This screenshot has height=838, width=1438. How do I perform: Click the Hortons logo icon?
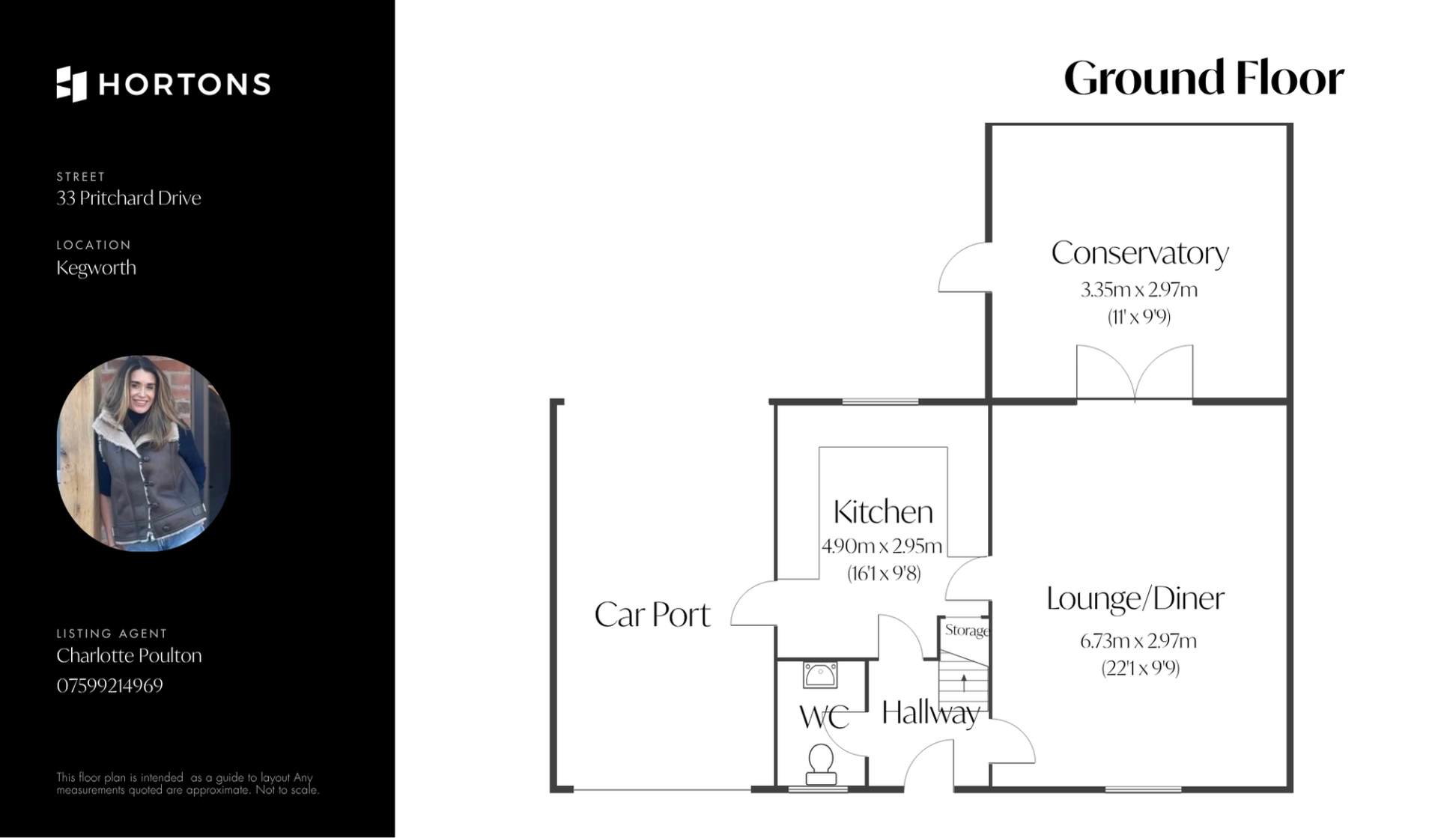coord(71,84)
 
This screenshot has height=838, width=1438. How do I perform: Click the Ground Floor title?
coord(1204,79)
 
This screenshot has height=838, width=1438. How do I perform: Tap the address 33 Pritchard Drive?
coord(129,198)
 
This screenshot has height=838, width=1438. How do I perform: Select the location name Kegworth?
coord(96,268)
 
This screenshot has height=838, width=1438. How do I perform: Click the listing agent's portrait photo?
coord(144,453)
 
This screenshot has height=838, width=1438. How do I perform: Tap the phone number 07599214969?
coord(109,685)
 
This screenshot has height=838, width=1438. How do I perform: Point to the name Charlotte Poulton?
coord(129,655)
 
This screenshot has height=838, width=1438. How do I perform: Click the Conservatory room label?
coord(1139,253)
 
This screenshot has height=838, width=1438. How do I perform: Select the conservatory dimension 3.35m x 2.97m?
coord(1138,290)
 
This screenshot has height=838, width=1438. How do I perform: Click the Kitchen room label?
coord(883,512)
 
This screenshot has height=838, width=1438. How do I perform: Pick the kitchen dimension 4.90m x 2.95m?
coord(882,546)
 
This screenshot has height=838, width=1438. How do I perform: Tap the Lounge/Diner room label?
coord(1135,598)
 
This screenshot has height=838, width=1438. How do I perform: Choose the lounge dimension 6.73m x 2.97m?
coord(1138,641)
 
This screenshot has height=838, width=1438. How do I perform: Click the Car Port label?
coord(652,615)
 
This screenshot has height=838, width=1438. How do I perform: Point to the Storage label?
coord(966,631)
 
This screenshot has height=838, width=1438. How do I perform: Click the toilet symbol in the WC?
coord(821,763)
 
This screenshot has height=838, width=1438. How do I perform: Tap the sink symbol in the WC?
coord(820,675)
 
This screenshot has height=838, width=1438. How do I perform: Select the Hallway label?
coord(931,713)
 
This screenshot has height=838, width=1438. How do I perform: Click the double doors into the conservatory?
coord(1135,373)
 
